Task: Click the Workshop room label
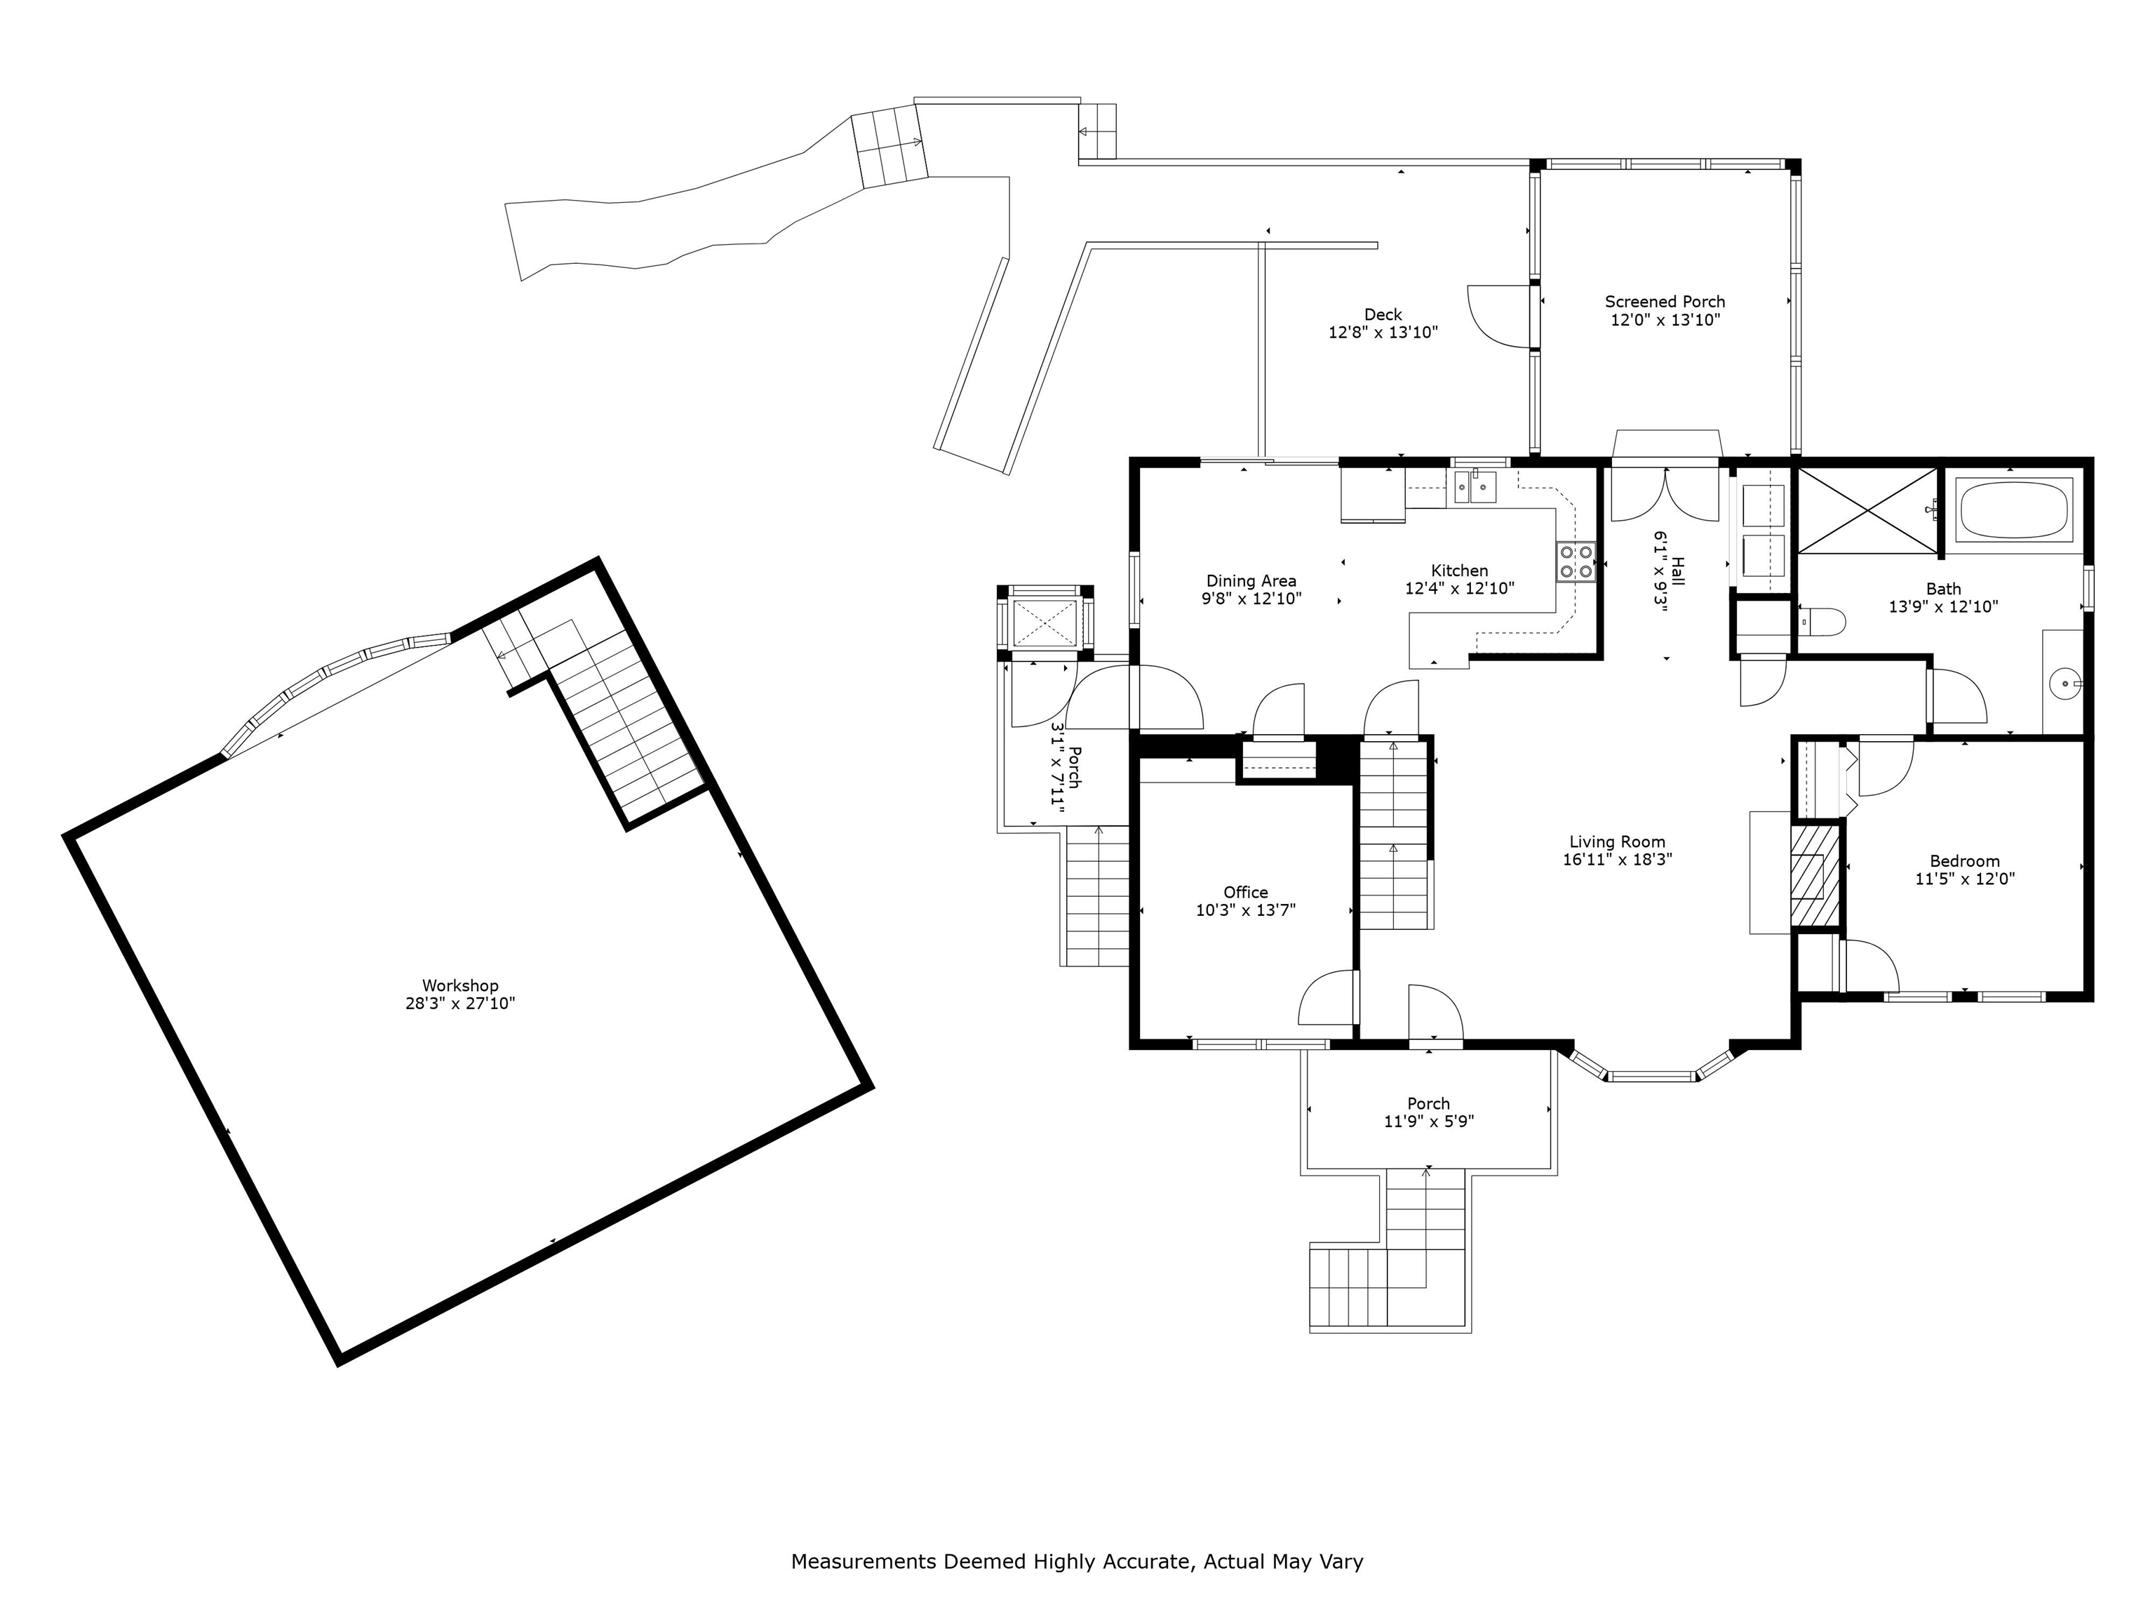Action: [x=460, y=985]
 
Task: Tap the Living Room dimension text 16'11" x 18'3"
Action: [x=1617, y=860]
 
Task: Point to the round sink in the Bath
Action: [x=2065, y=684]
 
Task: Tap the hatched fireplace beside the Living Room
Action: [x=1816, y=875]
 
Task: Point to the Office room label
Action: [x=1246, y=893]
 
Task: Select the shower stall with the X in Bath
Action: [x=1867, y=511]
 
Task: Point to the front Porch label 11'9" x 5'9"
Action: [x=1428, y=1113]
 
